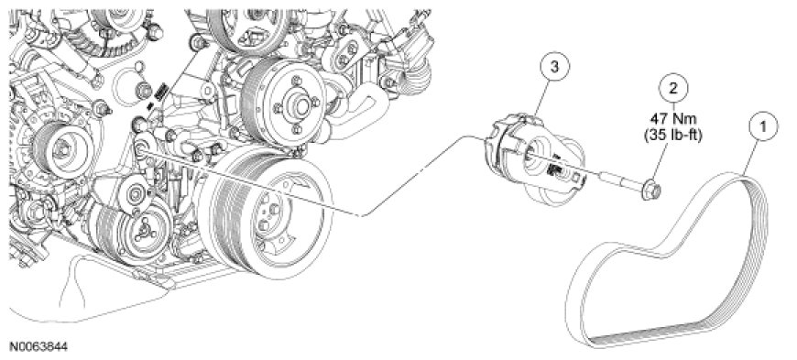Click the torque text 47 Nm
coord(674,121)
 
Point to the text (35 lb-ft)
coord(674,136)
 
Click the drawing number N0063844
coord(38,347)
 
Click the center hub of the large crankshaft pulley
coord(267,214)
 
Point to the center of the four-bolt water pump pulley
coord(298,104)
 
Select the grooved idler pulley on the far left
coord(60,149)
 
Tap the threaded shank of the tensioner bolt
coord(617,180)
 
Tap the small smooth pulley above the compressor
coord(135,193)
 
